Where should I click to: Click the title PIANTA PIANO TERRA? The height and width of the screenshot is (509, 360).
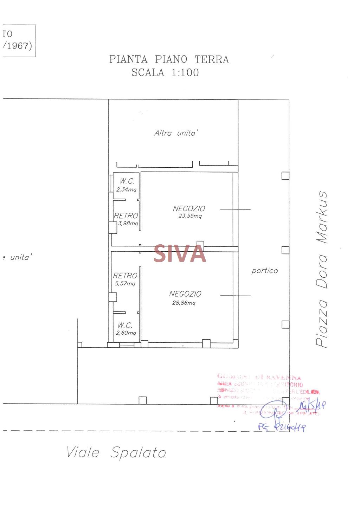coord(169,59)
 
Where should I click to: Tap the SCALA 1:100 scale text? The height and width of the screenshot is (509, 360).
coord(165,73)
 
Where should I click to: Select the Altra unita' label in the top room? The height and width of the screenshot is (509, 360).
coord(176,133)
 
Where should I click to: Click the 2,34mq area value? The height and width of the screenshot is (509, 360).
coord(126,189)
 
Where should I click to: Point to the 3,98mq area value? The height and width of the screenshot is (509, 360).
coord(128,223)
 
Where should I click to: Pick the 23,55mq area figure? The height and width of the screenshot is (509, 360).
coord(190,216)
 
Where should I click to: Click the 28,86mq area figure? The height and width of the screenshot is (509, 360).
coord(184,303)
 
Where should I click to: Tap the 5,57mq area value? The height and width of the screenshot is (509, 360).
coord(125,284)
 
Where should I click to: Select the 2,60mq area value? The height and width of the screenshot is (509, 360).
coord(126,333)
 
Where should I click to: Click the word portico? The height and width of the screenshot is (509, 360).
coord(265,271)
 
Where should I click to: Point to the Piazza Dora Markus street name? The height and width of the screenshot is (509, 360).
coord(322,269)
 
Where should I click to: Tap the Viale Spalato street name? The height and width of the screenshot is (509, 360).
coord(116,452)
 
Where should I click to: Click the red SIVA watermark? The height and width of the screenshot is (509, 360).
coord(180,254)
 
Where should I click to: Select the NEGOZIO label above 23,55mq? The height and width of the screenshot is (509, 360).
coord(189,209)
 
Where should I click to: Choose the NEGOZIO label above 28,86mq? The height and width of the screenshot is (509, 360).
coord(185,294)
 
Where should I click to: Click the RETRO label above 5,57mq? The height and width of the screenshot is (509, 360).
coord(125,276)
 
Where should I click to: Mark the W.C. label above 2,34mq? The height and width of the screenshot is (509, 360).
coord(127,181)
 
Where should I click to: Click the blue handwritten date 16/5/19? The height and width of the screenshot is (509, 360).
coord(310,406)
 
